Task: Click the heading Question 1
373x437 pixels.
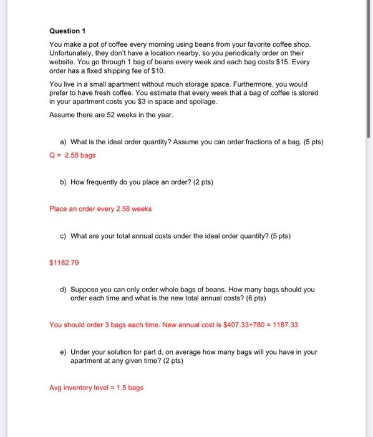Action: click(67, 31)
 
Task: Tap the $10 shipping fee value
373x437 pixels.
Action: click(157, 72)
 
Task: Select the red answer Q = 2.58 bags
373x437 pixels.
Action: click(72, 155)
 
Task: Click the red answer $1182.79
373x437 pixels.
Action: click(64, 263)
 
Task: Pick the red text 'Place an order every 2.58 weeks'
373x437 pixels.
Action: click(100, 209)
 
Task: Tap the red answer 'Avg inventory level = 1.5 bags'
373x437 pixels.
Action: click(96, 388)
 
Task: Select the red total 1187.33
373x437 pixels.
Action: click(286, 325)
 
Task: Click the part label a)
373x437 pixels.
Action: click(64, 142)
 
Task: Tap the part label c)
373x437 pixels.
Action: click(64, 236)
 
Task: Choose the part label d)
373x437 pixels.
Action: click(64, 290)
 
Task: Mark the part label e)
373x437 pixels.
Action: click(64, 352)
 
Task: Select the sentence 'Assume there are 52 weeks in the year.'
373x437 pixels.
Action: click(111, 115)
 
